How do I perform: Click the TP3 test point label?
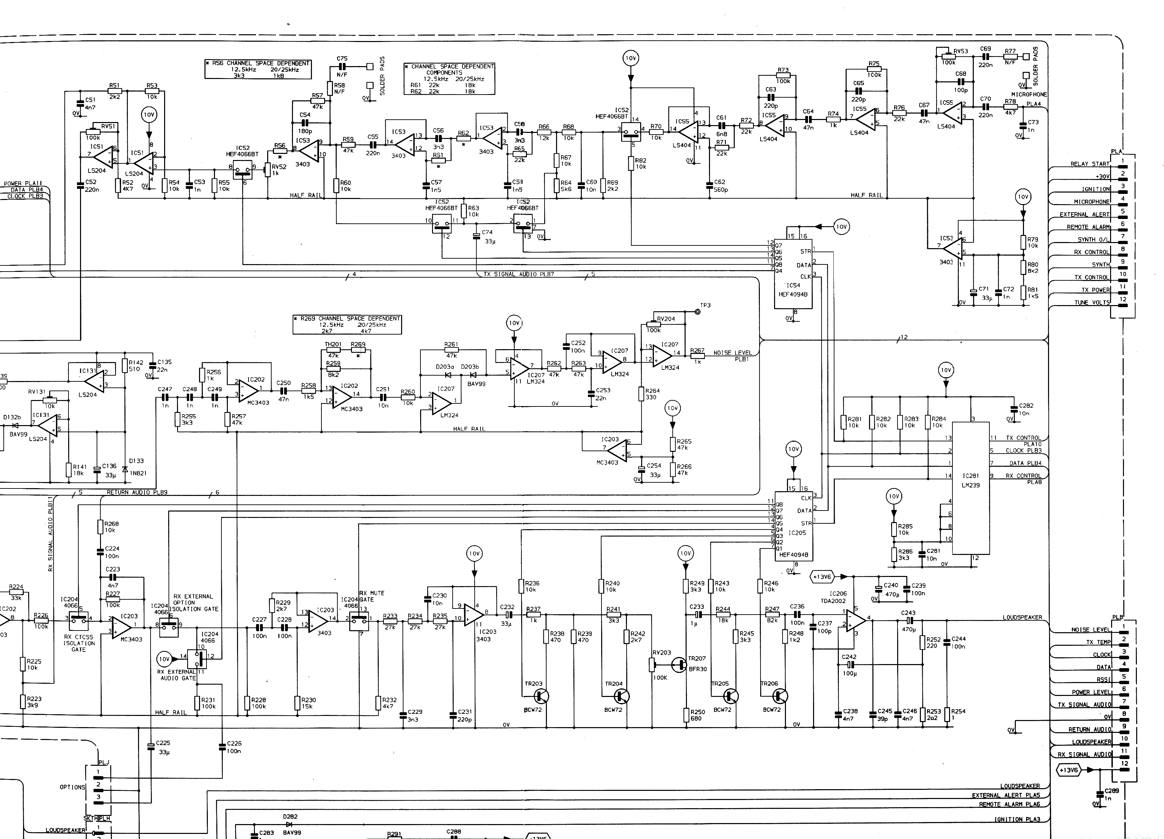(706, 305)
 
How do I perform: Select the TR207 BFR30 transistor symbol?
(679, 665)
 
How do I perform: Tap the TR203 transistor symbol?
(541, 696)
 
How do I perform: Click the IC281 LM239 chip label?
(970, 480)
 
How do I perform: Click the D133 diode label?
(136, 461)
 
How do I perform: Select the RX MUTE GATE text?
(372, 596)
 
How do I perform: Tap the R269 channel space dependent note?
(347, 325)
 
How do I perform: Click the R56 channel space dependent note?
(258, 69)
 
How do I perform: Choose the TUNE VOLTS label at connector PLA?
(1092, 303)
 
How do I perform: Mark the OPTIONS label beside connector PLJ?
(72, 787)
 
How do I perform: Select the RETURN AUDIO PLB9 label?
(137, 493)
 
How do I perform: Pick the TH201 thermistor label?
(333, 344)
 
